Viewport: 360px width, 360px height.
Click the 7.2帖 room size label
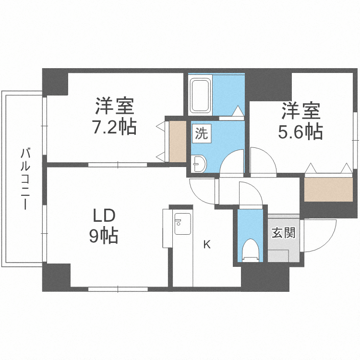pos(114,127)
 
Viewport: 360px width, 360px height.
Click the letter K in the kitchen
pos(207,245)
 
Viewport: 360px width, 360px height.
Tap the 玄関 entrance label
pos(283,234)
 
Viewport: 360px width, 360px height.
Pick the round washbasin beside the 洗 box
pos(199,164)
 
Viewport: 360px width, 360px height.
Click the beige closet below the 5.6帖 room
pos(327,189)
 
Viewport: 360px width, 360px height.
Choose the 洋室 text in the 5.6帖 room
pos(300,111)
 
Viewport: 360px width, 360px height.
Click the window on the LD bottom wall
pos(118,289)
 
